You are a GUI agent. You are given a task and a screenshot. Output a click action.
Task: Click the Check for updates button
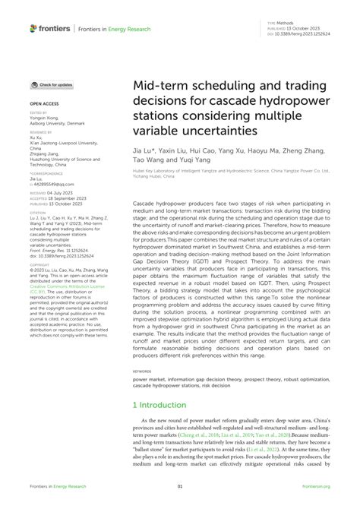click(52, 85)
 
